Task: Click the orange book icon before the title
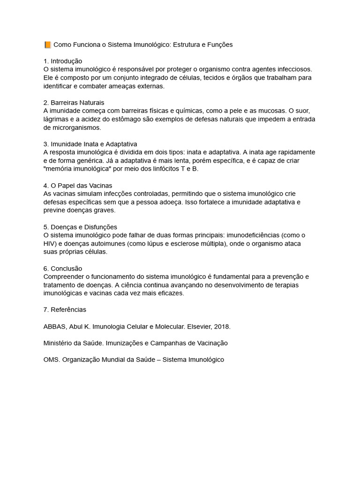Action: (47, 45)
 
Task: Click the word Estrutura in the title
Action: (187, 45)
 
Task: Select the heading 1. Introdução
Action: (62, 61)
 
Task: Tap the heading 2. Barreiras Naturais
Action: (74, 102)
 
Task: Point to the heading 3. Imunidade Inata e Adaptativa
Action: (90, 144)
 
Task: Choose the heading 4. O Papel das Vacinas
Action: (77, 185)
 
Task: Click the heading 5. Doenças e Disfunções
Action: (80, 227)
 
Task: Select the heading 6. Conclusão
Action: (62, 268)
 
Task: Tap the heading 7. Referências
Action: (65, 309)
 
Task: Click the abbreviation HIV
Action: (49, 243)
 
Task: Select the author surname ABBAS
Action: (53, 326)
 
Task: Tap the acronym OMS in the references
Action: (51, 360)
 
